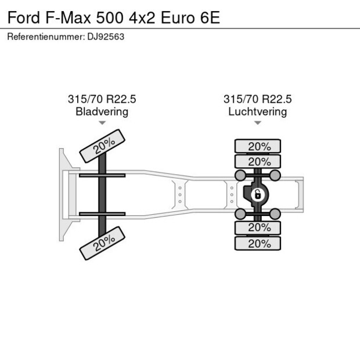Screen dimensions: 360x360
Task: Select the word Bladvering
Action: [x=102, y=111]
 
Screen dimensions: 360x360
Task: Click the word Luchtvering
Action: [x=257, y=111]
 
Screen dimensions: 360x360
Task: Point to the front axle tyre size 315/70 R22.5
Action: [x=102, y=99]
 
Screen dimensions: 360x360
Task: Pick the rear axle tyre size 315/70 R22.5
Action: [x=257, y=99]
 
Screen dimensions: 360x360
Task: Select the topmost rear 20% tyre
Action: [x=258, y=146]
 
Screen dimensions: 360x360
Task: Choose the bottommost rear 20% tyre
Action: [x=258, y=244]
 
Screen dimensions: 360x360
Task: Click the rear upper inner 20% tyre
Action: [x=258, y=161]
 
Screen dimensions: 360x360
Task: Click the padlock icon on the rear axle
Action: [x=256, y=195]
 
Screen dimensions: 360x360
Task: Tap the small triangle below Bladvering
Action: [x=102, y=123]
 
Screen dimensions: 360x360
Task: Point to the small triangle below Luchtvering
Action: [x=257, y=123]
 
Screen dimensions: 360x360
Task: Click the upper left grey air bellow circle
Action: [x=239, y=175]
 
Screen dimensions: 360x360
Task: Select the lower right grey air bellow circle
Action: [x=275, y=215]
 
